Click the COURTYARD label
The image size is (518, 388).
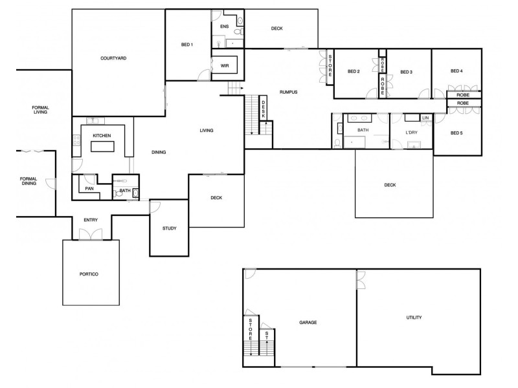pyautogui.click(x=113, y=58)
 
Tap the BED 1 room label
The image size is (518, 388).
pyautogui.click(x=186, y=45)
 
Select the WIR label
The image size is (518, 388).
pyautogui.click(x=225, y=66)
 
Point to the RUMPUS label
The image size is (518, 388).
pyautogui.click(x=288, y=92)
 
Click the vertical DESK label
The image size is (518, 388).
pyautogui.click(x=264, y=111)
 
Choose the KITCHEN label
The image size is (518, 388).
pyautogui.click(x=102, y=135)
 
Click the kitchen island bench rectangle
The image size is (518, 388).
pyautogui.click(x=102, y=147)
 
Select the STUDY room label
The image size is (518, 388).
pyautogui.click(x=169, y=228)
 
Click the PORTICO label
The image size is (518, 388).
pyautogui.click(x=89, y=274)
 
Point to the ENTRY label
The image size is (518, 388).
pyautogui.click(x=91, y=221)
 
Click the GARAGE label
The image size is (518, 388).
pyautogui.click(x=308, y=322)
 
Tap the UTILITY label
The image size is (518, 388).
pyautogui.click(x=414, y=318)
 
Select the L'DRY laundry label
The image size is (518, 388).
pyautogui.click(x=411, y=133)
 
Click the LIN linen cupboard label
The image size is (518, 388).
pyautogui.click(x=425, y=118)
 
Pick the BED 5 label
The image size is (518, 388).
pyautogui.click(x=456, y=133)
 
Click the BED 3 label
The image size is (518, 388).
pyautogui.click(x=406, y=72)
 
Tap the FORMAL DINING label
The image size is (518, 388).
pyautogui.click(x=28, y=181)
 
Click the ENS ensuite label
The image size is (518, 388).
pyautogui.click(x=224, y=27)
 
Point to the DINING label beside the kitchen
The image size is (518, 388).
pyautogui.click(x=159, y=153)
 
